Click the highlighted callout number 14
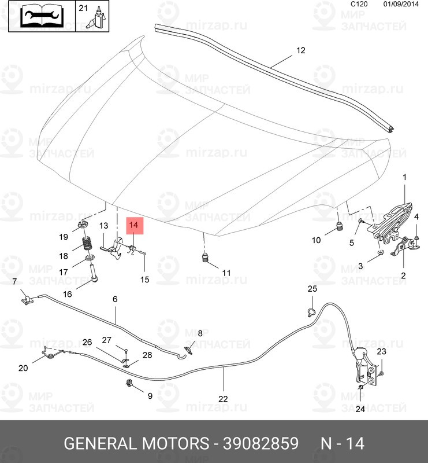(x=133, y=225)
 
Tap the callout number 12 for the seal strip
(x=300, y=50)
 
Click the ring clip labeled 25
(x=310, y=313)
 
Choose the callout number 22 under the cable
(x=223, y=399)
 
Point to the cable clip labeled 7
(x=25, y=299)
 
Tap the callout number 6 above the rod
(x=114, y=299)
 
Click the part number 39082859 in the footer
(x=256, y=444)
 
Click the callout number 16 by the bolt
(x=68, y=294)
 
